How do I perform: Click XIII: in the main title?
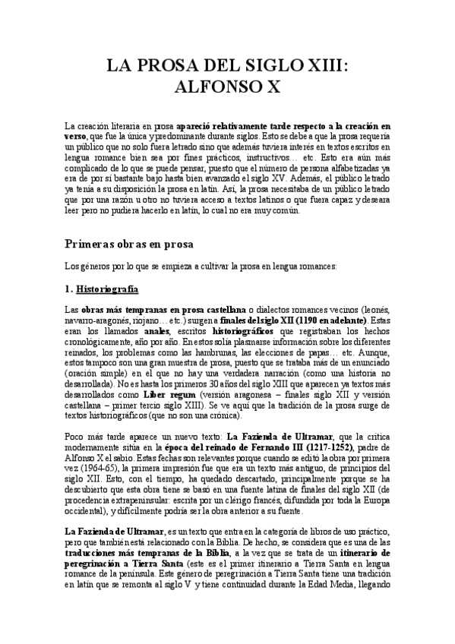tap(317, 67)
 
